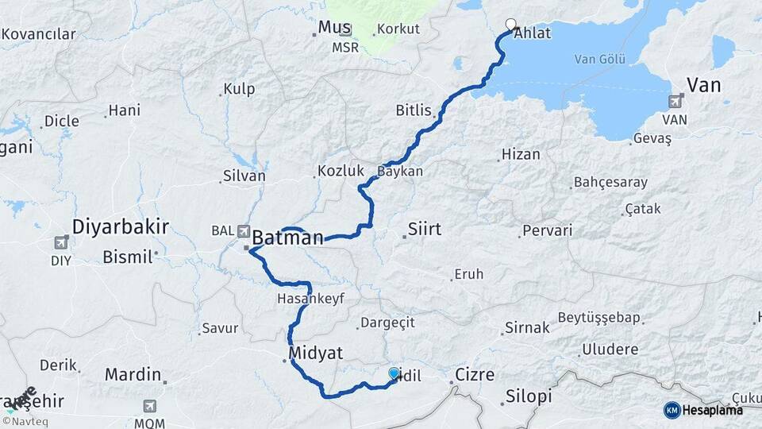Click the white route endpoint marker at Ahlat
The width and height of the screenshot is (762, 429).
click(x=510, y=24)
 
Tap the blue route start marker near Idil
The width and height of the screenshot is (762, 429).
click(x=394, y=373)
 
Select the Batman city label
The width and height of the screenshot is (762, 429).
click(x=288, y=238)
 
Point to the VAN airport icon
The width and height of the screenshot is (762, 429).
click(x=675, y=101)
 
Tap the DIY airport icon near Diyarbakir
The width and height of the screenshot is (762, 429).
click(x=62, y=242)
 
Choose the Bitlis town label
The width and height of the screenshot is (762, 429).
click(x=414, y=110)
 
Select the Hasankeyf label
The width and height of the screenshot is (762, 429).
click(x=306, y=300)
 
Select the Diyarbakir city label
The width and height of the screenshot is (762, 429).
click(x=120, y=226)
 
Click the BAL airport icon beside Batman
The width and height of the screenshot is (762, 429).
click(x=242, y=230)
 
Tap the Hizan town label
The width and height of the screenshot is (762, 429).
click(x=521, y=155)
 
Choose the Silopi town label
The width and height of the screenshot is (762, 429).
click(x=529, y=397)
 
